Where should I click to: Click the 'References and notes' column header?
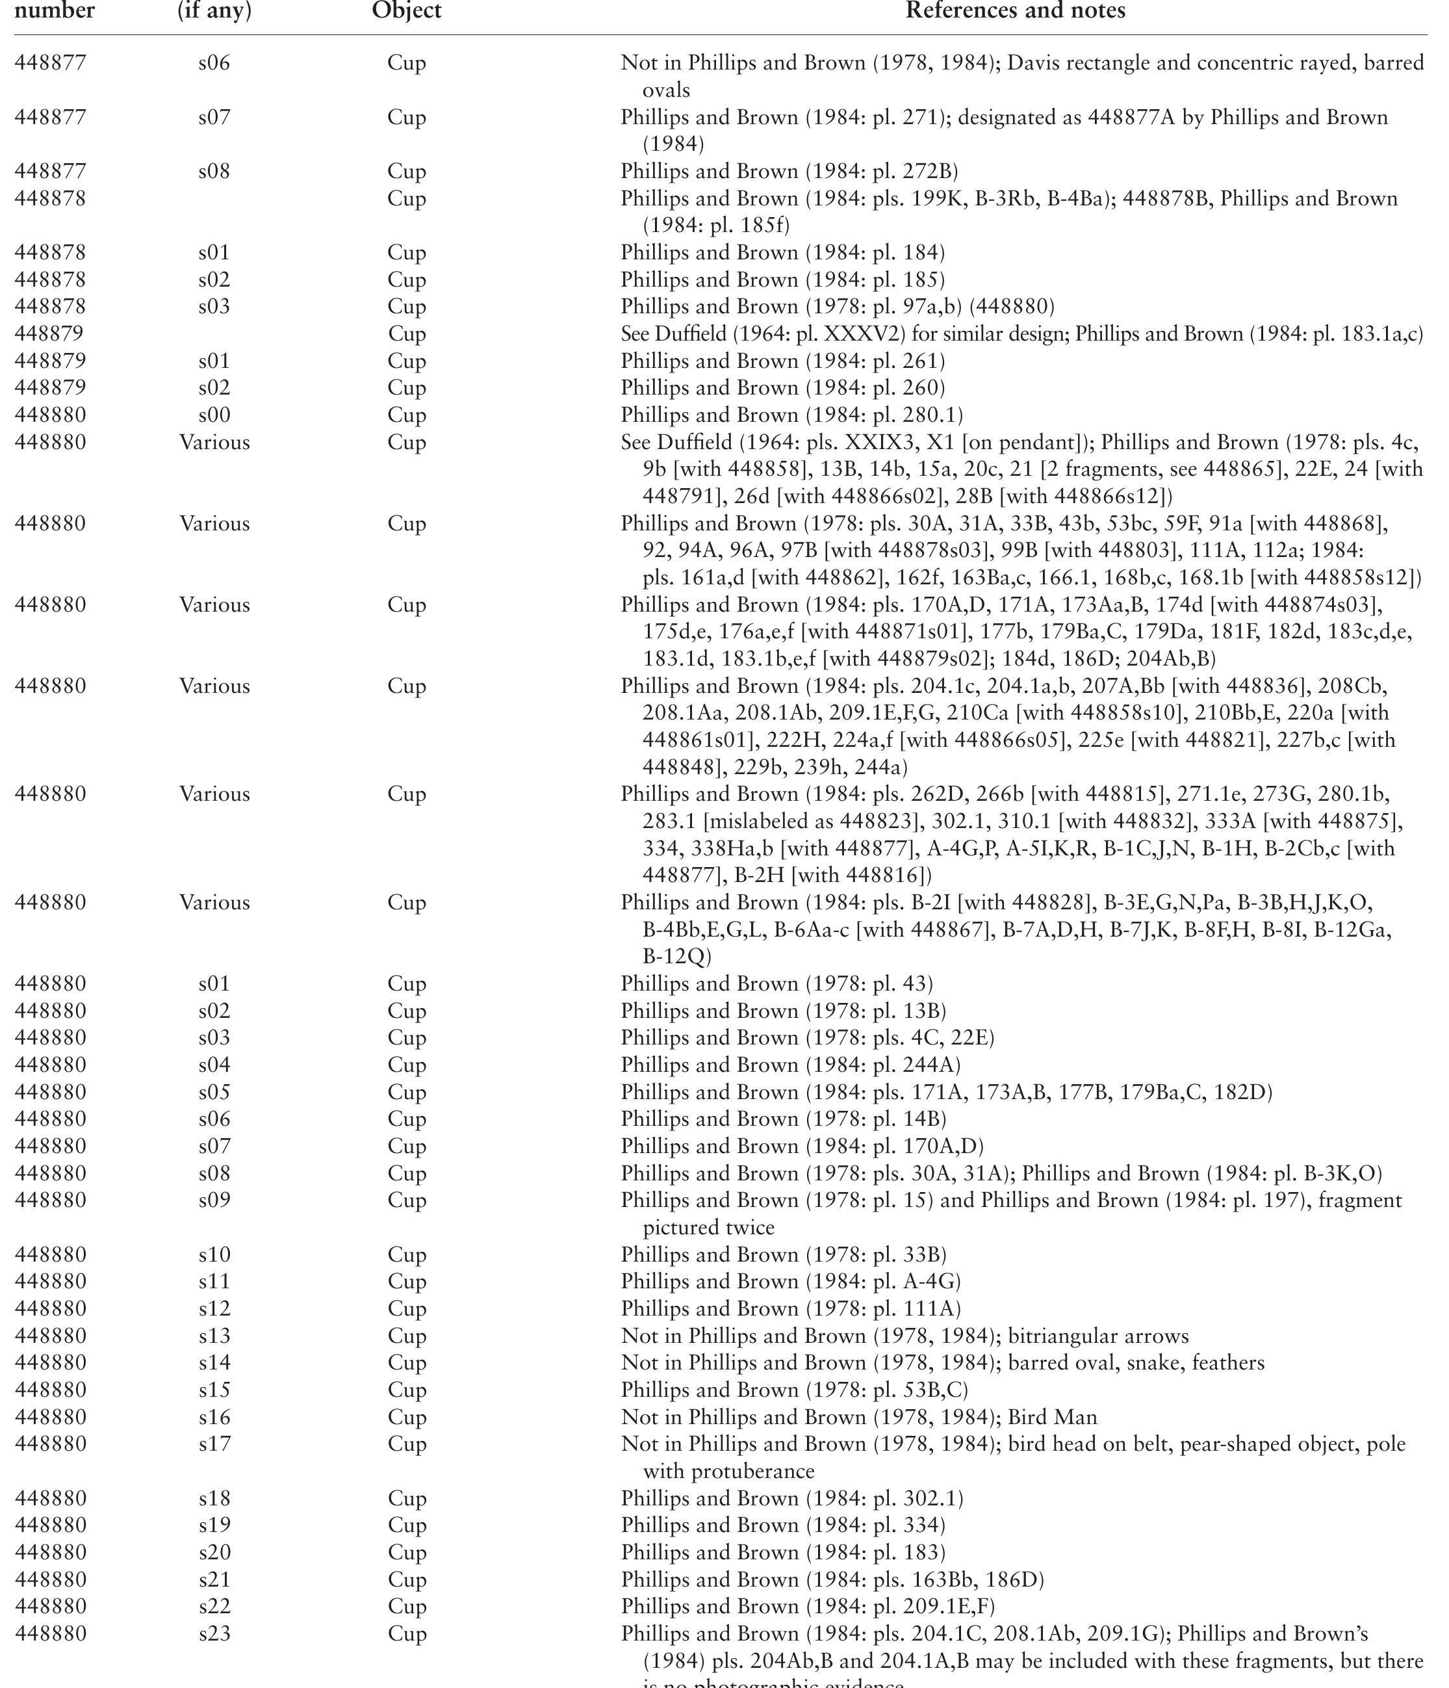click(x=1015, y=10)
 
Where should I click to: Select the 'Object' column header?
click(x=407, y=10)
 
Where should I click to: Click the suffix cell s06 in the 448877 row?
click(x=214, y=63)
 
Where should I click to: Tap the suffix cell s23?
click(x=214, y=1633)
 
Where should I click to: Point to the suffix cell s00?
click(x=214, y=415)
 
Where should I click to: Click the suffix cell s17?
click(x=214, y=1444)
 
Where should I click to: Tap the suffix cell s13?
click(x=214, y=1336)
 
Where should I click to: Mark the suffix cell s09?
click(x=214, y=1200)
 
